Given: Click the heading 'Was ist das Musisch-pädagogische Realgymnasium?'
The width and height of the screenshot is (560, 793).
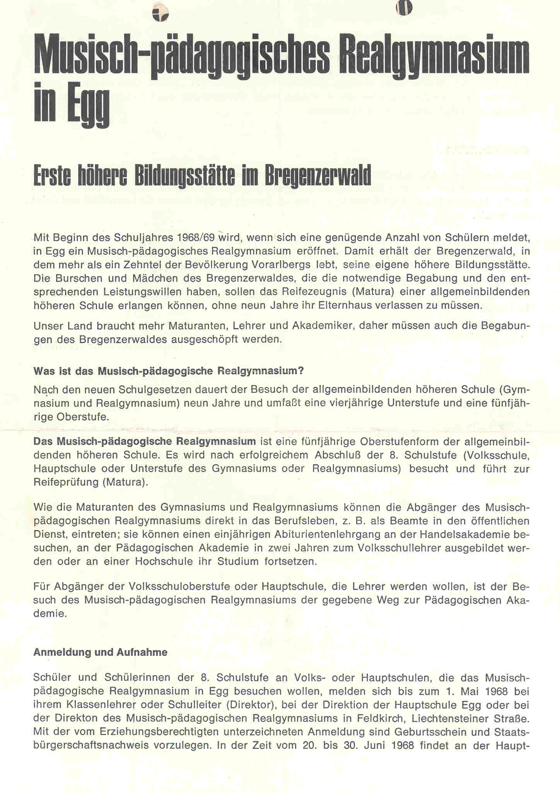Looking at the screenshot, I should coord(169,371).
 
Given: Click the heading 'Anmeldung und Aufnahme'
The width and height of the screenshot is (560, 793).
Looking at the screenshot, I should coord(101,652).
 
